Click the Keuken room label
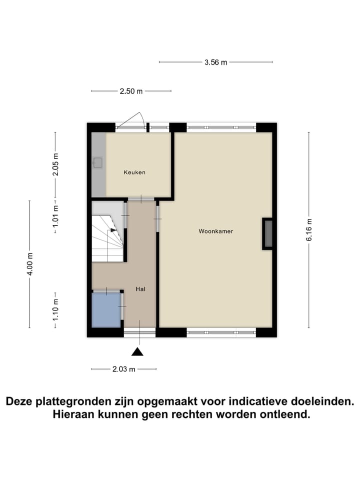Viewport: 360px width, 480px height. click(x=134, y=172)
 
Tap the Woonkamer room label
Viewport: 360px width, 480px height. click(x=215, y=231)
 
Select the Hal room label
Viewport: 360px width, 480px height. click(x=140, y=289)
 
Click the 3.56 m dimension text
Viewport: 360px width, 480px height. click(x=215, y=62)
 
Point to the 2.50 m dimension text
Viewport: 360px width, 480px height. click(x=131, y=91)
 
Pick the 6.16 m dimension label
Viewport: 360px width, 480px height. click(x=309, y=229)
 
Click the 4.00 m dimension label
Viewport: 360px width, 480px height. click(x=29, y=264)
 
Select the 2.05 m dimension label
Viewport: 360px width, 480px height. click(x=55, y=164)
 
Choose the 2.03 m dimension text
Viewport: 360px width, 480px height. click(x=124, y=369)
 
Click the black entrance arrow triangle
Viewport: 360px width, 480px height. click(x=137, y=352)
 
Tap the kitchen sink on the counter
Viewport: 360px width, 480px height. click(x=97, y=162)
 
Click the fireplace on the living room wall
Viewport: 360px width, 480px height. click(x=268, y=233)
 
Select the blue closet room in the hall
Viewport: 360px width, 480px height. click(x=106, y=309)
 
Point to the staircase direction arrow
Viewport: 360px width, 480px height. click(x=113, y=230)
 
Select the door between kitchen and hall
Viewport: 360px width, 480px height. click(x=140, y=199)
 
